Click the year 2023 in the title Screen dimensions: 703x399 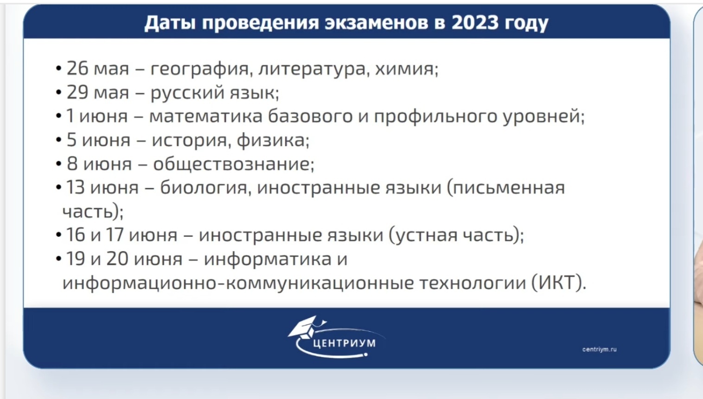475,22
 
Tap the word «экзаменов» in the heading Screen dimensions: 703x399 376,23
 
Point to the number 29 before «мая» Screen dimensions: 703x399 77,92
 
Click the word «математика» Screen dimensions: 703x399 205,116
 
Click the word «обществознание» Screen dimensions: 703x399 231,164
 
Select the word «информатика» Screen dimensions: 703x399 268,259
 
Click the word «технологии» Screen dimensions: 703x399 473,283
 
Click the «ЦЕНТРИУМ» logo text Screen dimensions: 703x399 344,343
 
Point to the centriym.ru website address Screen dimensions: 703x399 600,349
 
